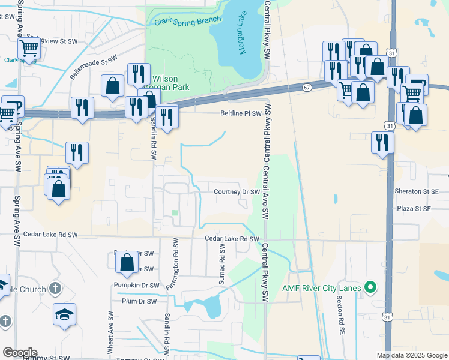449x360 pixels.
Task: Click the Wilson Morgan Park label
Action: [x=171, y=83]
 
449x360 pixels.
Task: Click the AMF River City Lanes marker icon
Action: [x=370, y=288]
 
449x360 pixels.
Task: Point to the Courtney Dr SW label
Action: [x=237, y=192]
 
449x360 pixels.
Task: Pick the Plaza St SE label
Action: [x=414, y=209]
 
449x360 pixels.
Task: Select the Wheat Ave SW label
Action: [x=111, y=331]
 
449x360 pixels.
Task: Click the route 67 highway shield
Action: [x=307, y=88]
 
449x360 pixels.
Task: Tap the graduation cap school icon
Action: [x=64, y=314]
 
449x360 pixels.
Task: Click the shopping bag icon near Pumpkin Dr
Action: [x=127, y=262]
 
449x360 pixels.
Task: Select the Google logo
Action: [x=20, y=353]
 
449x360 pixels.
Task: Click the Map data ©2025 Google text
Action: [x=411, y=355]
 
